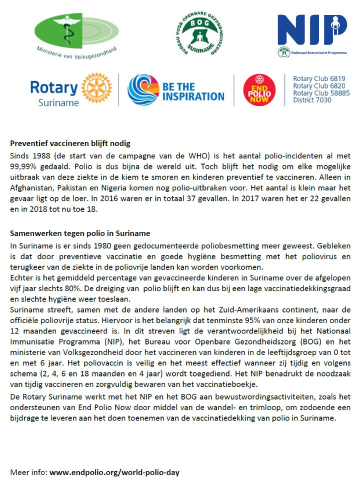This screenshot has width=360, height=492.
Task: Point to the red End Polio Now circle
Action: tap(259, 90)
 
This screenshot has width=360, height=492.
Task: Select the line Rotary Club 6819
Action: tap(319, 78)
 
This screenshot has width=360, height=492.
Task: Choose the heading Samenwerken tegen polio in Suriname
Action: tap(80, 233)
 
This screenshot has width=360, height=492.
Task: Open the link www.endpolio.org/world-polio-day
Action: tap(114, 472)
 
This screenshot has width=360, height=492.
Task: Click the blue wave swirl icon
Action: tap(143, 90)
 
